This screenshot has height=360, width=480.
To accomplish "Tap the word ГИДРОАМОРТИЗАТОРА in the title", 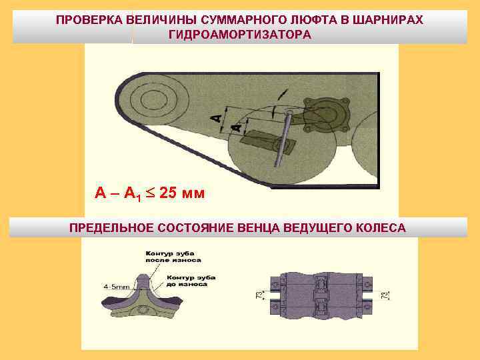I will [x=240, y=35].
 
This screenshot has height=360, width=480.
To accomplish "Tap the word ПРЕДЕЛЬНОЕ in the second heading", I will [x=109, y=228].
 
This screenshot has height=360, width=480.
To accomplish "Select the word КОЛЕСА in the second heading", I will [x=382, y=228].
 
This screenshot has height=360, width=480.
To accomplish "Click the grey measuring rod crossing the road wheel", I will [x=285, y=137].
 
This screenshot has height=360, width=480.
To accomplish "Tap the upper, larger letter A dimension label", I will [x=216, y=118].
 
